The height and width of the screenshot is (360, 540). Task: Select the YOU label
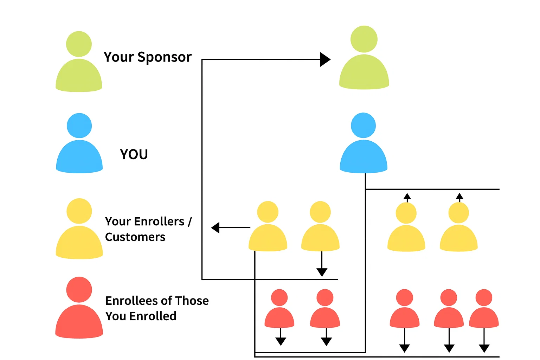(134, 154)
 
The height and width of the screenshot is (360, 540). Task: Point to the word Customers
(135, 237)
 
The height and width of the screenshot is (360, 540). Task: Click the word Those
(192, 301)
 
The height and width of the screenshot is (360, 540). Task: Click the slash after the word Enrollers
(190, 222)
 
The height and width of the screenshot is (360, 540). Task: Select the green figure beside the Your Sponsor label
(79, 63)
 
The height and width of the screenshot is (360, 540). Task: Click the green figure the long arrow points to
(364, 60)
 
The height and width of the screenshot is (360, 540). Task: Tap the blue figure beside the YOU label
(79, 145)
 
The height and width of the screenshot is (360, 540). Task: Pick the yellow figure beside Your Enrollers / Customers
(79, 230)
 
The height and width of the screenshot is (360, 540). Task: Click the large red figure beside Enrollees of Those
(79, 309)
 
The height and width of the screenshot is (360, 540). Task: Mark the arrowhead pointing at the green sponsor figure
(325, 59)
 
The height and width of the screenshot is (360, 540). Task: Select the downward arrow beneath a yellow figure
(322, 271)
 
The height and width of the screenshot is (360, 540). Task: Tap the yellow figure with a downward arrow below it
(320, 227)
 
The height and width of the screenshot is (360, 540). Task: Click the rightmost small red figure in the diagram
(484, 309)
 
